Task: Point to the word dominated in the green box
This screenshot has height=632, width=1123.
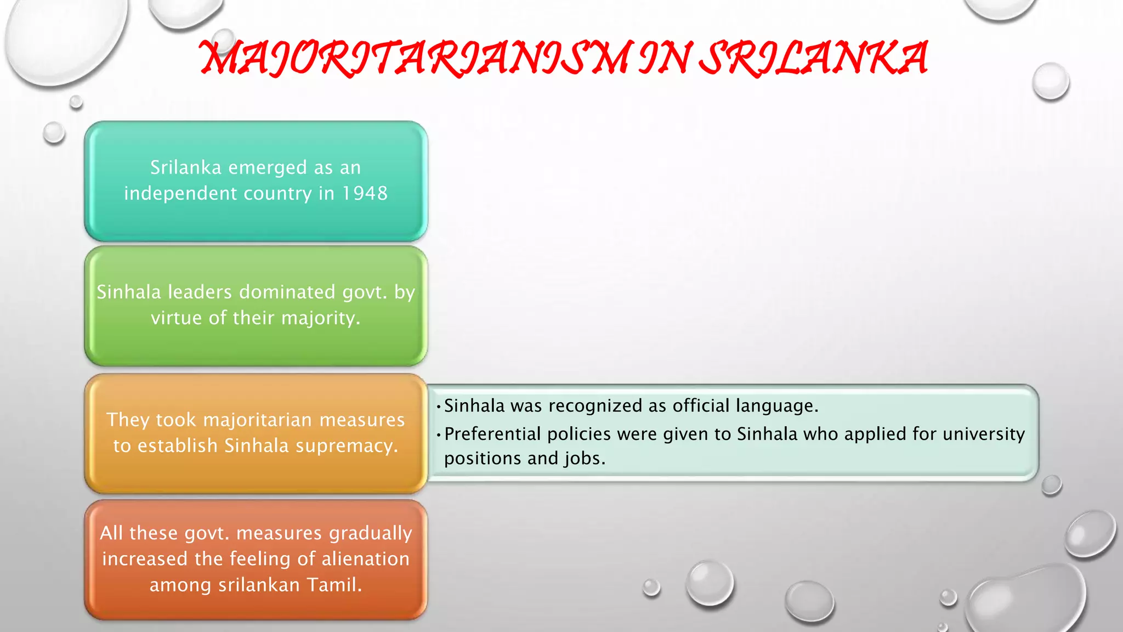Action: coord(288,292)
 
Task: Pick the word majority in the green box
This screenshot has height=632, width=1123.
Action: coord(320,318)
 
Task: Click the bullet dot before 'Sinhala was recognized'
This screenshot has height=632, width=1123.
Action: coord(439,407)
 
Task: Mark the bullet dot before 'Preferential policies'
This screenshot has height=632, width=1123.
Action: coord(439,435)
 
